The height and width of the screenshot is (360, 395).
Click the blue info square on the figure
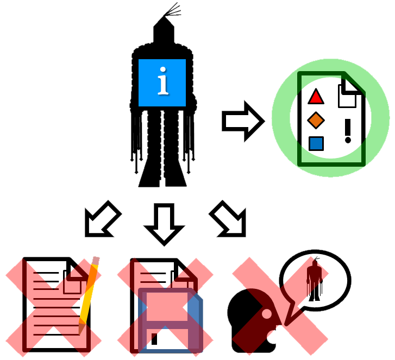pos(162,83)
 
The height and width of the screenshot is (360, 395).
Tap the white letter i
pos(162,81)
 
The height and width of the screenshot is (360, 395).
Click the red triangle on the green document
pos(316,97)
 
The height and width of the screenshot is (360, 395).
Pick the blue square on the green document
pos(316,143)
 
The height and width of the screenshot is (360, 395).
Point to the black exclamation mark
pos(348,131)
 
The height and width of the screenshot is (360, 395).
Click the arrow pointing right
pos(242,121)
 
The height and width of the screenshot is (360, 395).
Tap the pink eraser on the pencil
pos(96,261)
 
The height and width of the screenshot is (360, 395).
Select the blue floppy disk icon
pos(171,320)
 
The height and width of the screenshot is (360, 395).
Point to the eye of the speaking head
pos(266,314)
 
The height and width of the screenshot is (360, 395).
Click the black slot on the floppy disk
pos(154,338)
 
